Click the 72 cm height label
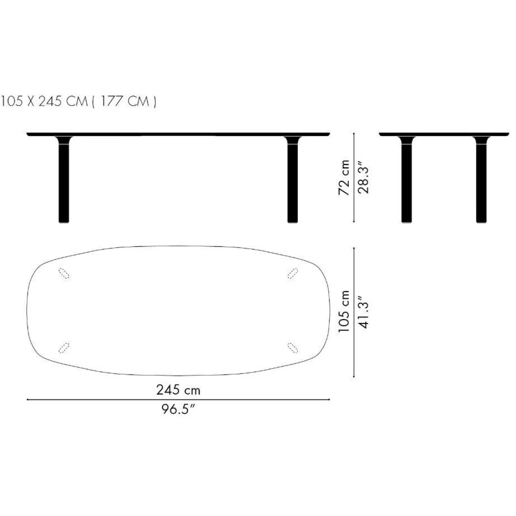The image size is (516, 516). pos(345,178)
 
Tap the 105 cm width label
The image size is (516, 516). pos(345,312)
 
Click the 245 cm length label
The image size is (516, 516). pos(178,390)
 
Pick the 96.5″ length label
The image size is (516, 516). pos(178,409)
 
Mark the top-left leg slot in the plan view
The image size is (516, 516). pos(64,273)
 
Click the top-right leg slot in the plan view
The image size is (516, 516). pos(292,273)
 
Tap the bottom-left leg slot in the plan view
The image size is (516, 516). pos(64,348)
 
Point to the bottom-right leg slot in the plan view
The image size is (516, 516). pos(292,348)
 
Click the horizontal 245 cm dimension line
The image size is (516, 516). pos(101,400)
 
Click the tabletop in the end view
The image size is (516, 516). pos(443,134)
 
